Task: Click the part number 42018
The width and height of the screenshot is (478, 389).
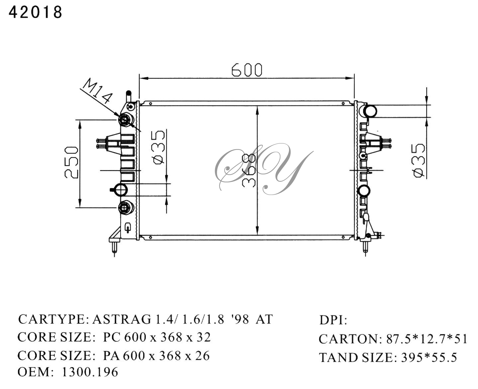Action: tap(35, 12)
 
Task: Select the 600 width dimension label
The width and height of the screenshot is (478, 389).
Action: tap(246, 70)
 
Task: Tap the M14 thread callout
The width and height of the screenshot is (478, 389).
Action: tap(97, 91)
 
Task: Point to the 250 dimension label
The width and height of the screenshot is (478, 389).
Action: tap(71, 162)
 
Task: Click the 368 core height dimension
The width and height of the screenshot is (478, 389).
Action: tap(249, 170)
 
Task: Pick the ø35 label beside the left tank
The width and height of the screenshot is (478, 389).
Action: tap(159, 147)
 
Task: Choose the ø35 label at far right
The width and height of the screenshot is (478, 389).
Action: tap(419, 160)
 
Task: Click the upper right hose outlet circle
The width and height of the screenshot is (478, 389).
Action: tap(370, 111)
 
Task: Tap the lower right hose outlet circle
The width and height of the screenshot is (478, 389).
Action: tap(363, 191)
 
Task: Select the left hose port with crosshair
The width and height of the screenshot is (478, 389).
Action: tap(121, 190)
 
